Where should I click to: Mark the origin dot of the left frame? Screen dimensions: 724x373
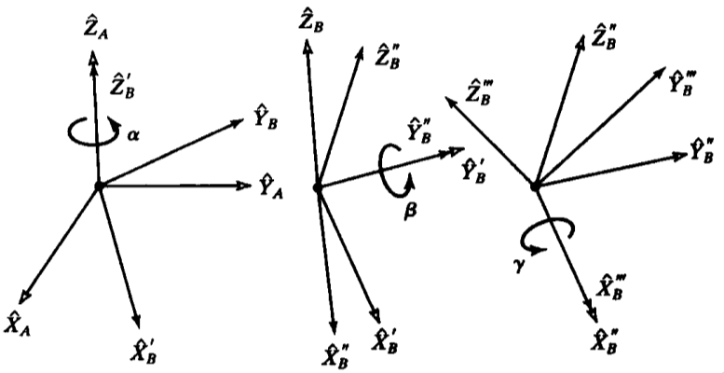[x=99, y=186]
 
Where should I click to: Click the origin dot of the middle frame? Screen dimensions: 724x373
[x=318, y=188]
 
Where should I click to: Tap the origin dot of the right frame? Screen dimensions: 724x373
[x=535, y=186]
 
